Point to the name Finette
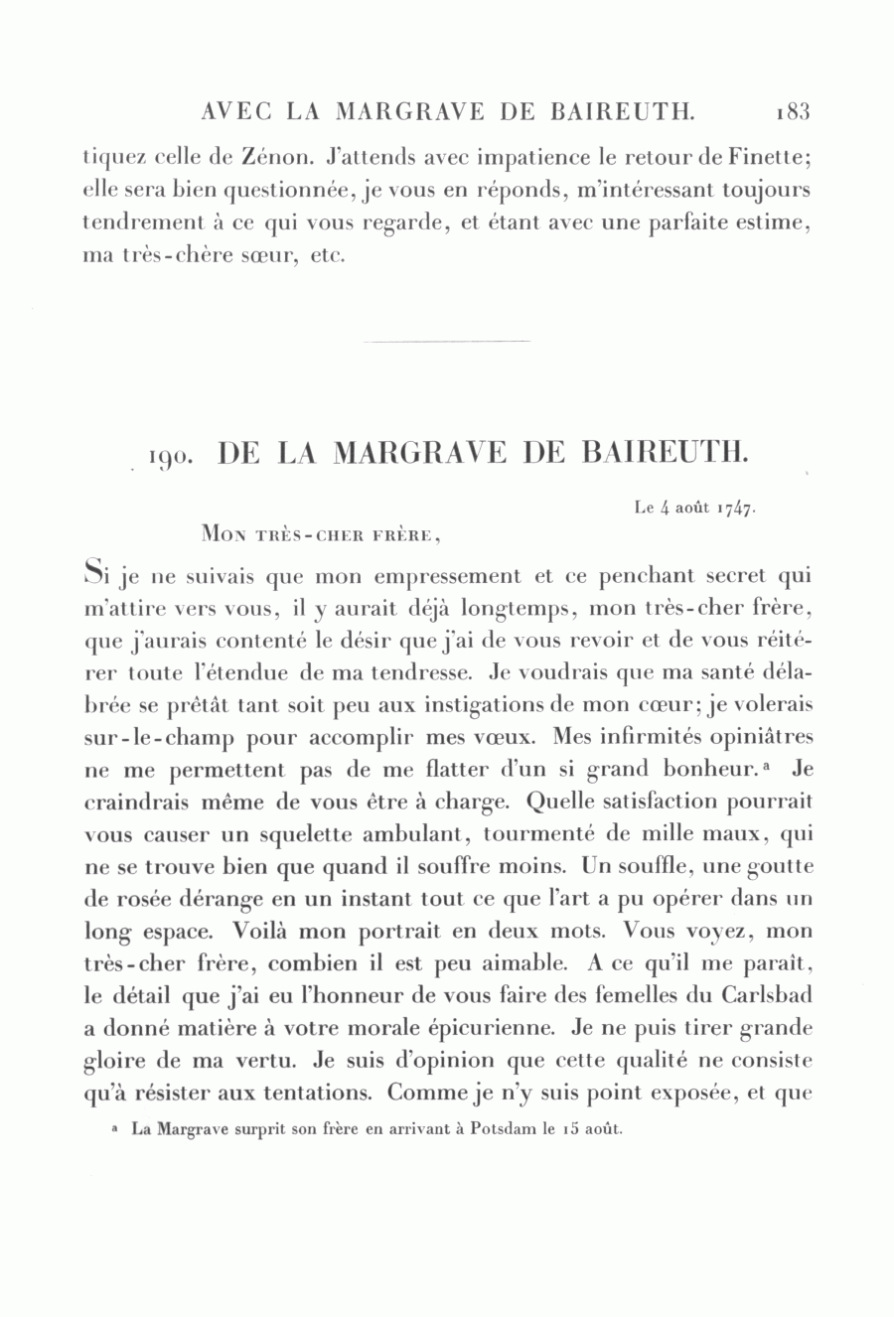tap(776, 158)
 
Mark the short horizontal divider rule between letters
tap(447, 342)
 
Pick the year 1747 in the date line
tap(736, 509)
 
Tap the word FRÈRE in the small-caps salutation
tap(400, 535)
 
